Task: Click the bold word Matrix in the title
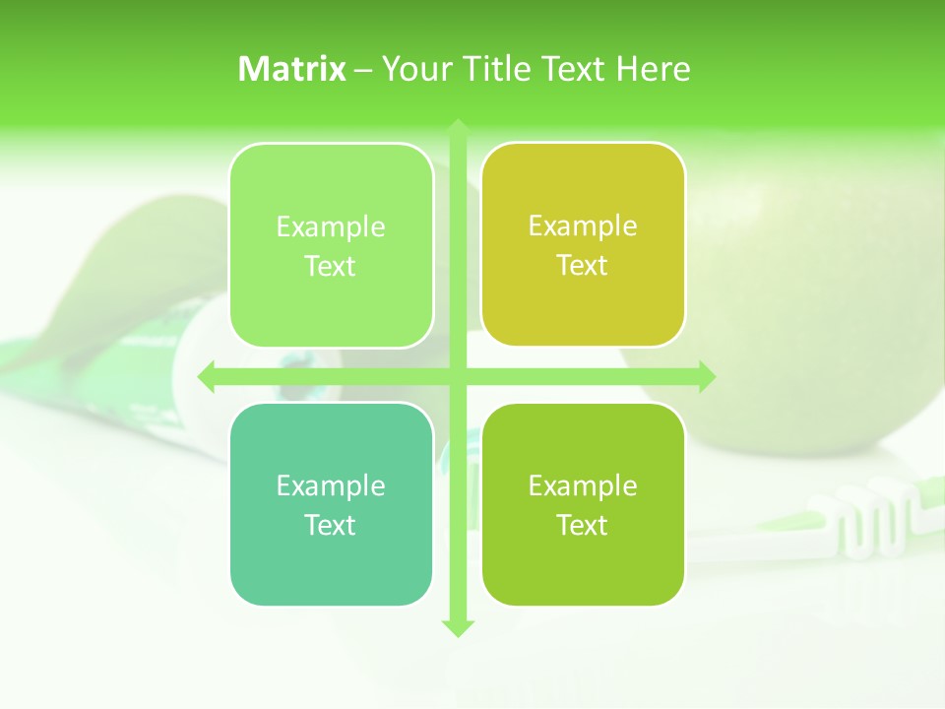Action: pyautogui.click(x=291, y=69)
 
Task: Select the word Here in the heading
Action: pyautogui.click(x=653, y=69)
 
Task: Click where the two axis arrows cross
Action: pyautogui.click(x=458, y=376)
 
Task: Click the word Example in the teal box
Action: pyautogui.click(x=331, y=485)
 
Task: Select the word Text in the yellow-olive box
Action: pyautogui.click(x=583, y=266)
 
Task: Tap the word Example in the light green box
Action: pyautogui.click(x=331, y=227)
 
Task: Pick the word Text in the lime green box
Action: pyautogui.click(x=583, y=525)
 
